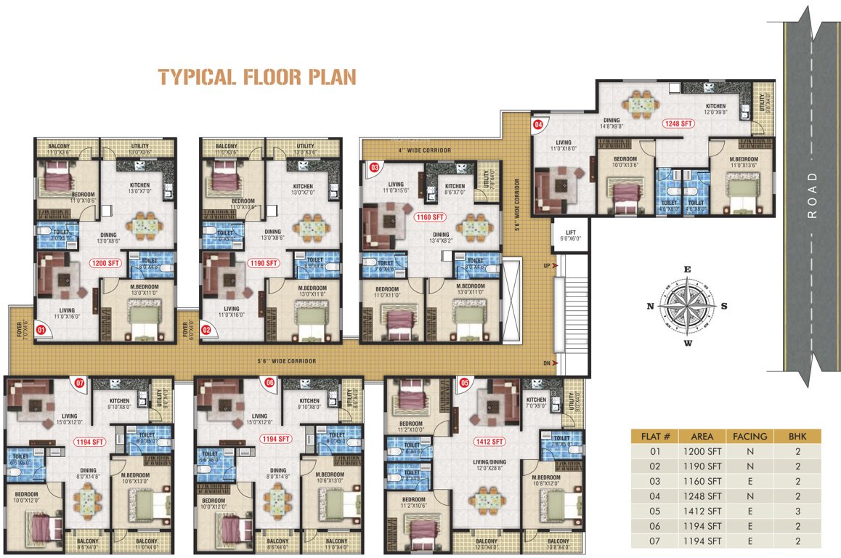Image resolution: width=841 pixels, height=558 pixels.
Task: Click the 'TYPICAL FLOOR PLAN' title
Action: (257, 77)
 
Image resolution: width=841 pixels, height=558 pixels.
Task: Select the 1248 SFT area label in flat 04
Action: (678, 124)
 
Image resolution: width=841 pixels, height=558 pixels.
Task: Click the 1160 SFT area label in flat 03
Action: (430, 217)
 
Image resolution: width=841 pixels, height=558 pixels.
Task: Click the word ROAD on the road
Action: (811, 196)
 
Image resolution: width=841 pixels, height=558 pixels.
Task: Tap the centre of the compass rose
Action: (686, 305)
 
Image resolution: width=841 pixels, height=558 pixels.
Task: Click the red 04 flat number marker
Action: (538, 125)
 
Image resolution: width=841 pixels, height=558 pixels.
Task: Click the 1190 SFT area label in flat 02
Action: (262, 263)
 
